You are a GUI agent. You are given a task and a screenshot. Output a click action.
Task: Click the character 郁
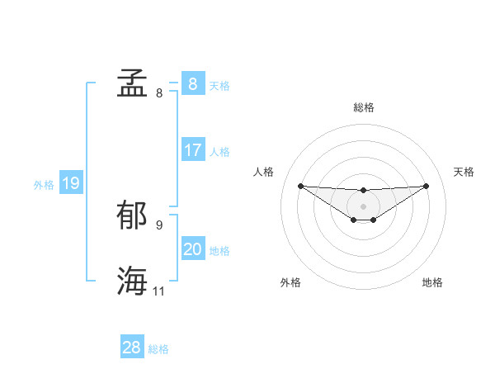(x=132, y=215)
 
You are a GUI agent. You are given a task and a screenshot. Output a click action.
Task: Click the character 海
(x=132, y=281)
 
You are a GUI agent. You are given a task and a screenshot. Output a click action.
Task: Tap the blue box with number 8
(x=192, y=84)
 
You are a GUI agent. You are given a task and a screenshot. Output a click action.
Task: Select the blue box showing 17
(x=192, y=150)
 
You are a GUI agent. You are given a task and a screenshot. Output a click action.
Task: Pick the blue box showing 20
(x=192, y=249)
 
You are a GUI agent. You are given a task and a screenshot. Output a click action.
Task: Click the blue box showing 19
(x=70, y=183)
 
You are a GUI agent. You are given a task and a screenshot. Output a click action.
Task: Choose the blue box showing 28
(x=131, y=348)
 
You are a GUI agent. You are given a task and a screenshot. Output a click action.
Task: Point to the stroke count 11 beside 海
(x=159, y=291)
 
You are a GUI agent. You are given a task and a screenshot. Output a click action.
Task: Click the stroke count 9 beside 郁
(x=159, y=225)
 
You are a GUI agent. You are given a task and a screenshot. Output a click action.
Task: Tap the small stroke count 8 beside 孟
(x=159, y=92)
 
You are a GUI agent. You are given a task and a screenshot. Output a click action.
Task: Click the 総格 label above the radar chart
(x=363, y=107)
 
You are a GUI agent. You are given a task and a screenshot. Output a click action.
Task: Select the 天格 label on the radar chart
(x=464, y=172)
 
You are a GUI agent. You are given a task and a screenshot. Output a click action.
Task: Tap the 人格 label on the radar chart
(x=263, y=172)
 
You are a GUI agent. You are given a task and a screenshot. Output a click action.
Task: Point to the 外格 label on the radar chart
(x=290, y=283)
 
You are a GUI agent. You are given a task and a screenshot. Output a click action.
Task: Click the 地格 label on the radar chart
(x=432, y=283)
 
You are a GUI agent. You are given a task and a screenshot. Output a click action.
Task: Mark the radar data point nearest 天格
(x=426, y=186)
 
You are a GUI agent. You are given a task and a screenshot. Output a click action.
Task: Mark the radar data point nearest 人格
(x=300, y=186)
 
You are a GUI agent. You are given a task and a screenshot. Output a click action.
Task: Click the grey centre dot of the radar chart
(x=363, y=206)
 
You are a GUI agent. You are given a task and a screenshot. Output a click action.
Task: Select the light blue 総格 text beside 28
(x=158, y=349)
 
